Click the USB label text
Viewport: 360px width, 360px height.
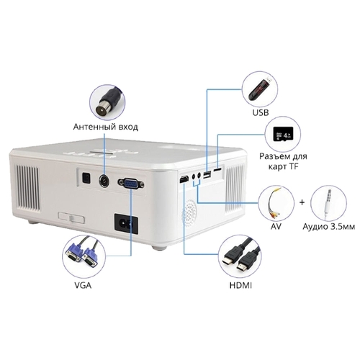[x=261, y=112]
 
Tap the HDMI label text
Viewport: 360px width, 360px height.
[x=240, y=285]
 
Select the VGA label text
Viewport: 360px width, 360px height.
[x=83, y=285]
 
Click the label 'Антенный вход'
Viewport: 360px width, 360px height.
[x=106, y=127]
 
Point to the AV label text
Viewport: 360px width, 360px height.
[x=276, y=226]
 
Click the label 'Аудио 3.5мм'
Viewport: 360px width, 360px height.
[x=328, y=227]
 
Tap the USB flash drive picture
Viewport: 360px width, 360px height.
[x=260, y=89]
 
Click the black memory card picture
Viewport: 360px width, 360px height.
[x=283, y=134]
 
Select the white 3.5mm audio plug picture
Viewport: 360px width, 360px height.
[x=328, y=202]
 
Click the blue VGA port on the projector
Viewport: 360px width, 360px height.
[x=131, y=184]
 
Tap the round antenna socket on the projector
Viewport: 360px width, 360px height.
[x=104, y=181]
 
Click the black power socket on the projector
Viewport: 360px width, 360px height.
[x=126, y=224]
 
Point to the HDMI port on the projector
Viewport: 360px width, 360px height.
[x=184, y=179]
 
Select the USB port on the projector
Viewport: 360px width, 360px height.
[x=207, y=175]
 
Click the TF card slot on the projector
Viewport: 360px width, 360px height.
[x=217, y=170]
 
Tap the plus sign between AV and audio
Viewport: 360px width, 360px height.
[x=302, y=202]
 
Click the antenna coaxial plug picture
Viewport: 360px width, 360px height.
[x=107, y=102]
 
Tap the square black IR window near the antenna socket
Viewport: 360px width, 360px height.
[x=86, y=178]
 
